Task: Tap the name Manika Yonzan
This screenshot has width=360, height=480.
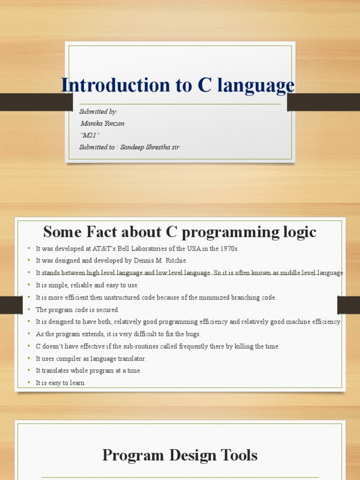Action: point(103,123)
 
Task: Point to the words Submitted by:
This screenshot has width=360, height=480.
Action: point(98,112)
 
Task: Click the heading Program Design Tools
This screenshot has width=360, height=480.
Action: point(180,455)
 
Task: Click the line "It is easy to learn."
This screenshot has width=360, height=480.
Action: point(61,383)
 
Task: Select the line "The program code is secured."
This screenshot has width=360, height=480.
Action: point(78,310)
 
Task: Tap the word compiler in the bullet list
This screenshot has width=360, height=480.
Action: point(71,359)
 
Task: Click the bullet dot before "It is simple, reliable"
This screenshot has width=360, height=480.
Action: point(29,285)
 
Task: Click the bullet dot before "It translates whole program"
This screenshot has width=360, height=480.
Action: point(29,371)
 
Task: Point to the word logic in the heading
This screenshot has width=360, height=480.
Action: point(301,232)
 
